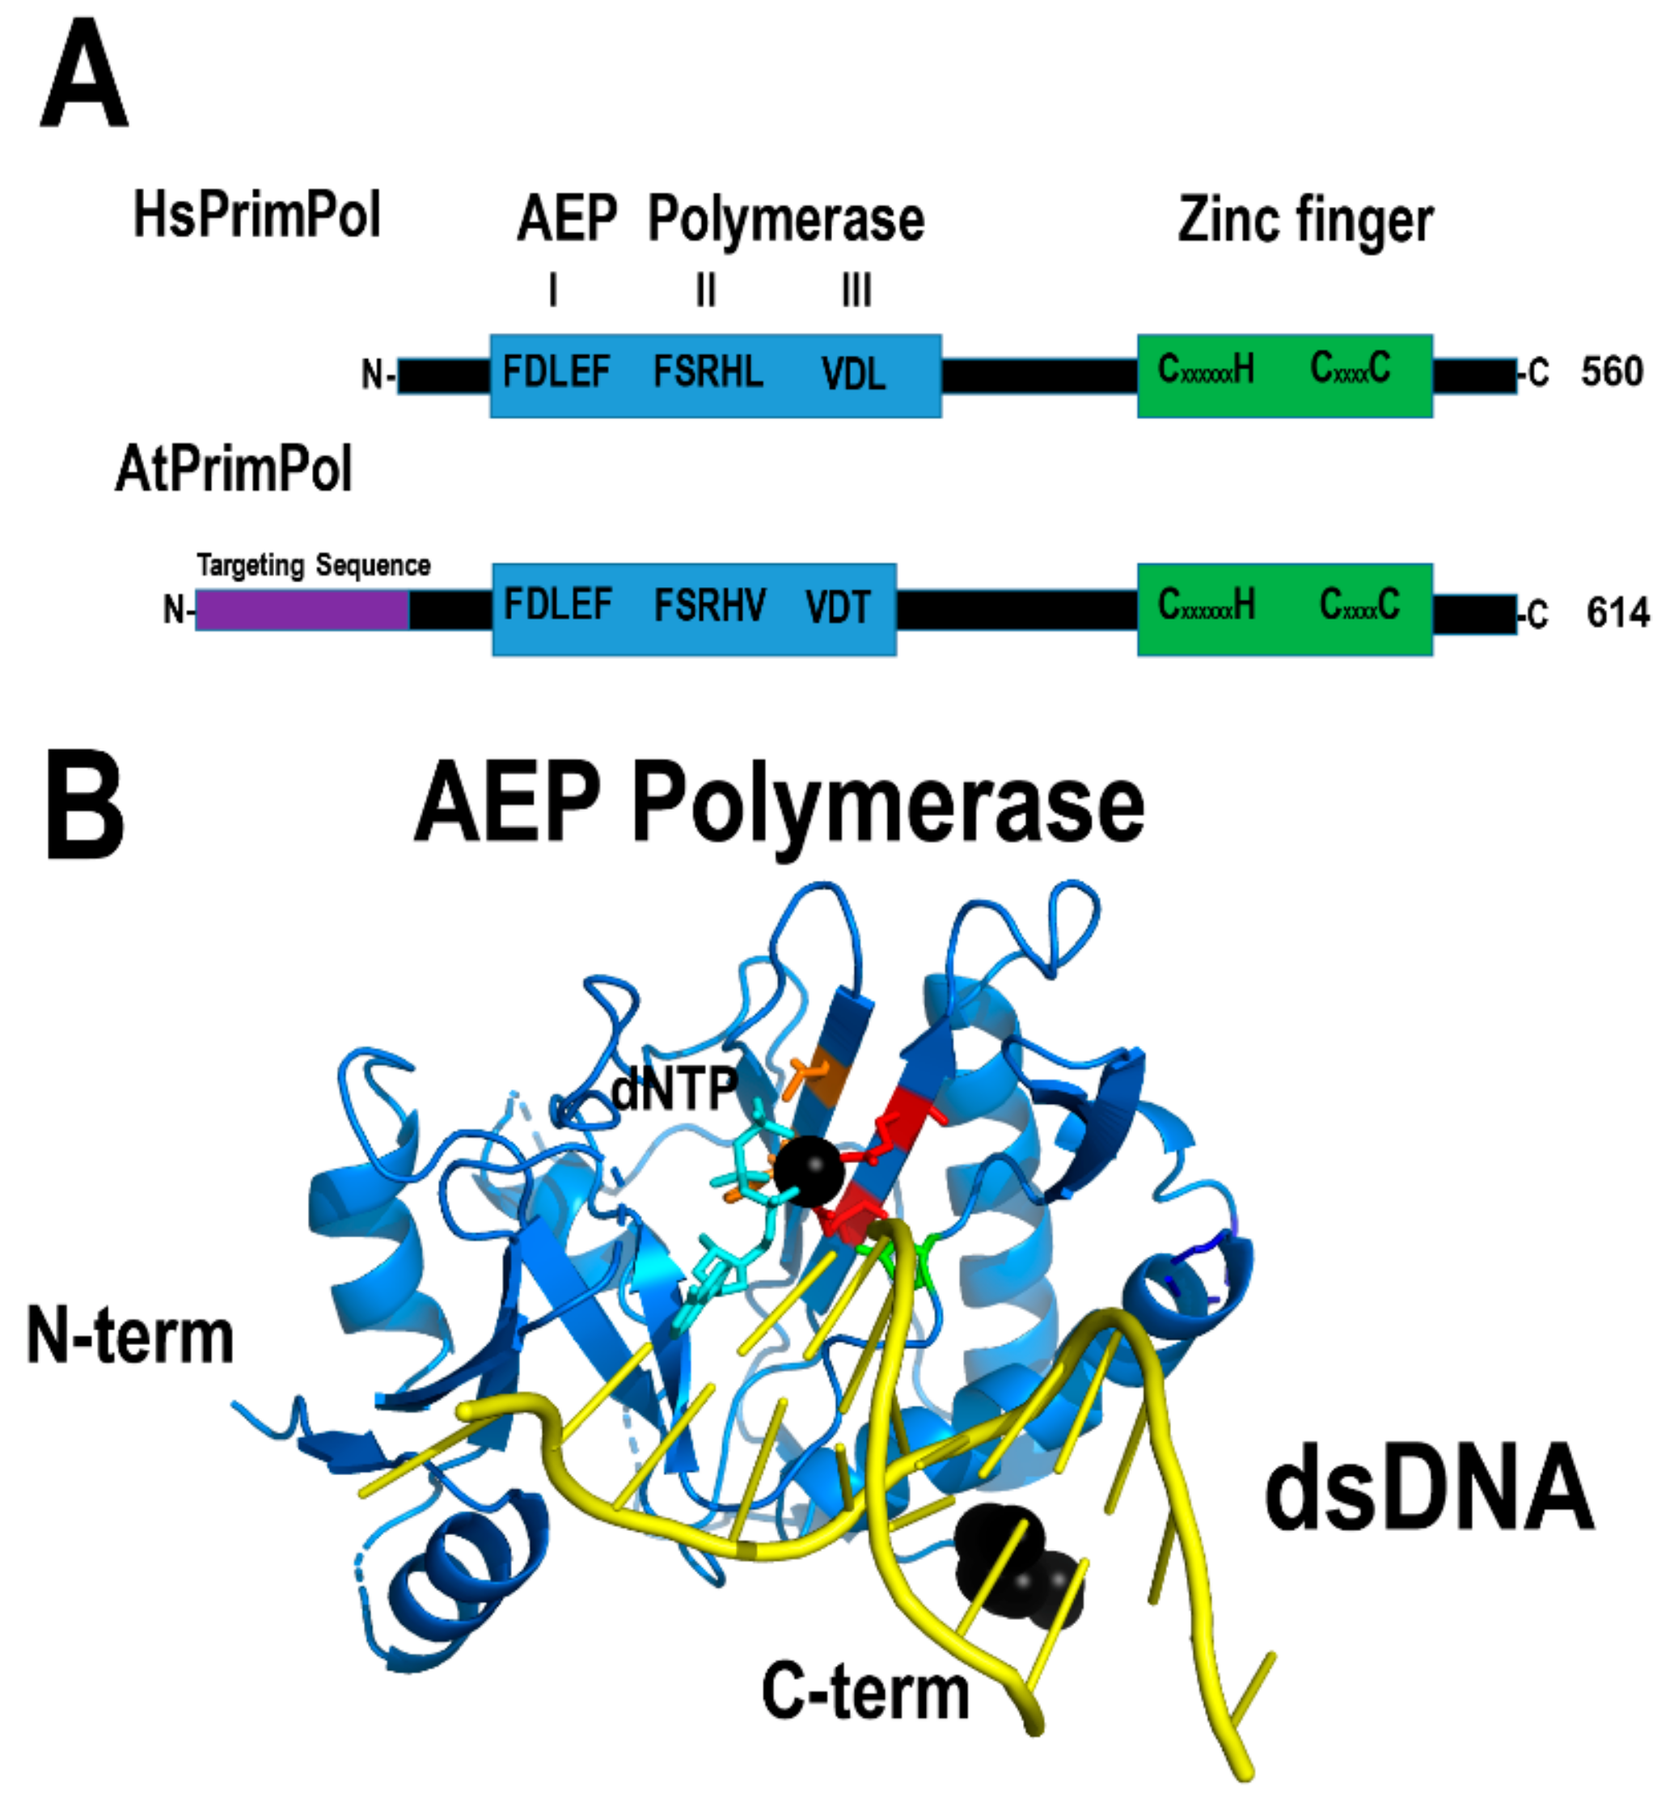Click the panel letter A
click(83, 76)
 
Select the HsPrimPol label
click(256, 216)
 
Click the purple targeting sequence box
click(302, 610)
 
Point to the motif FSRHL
click(708, 371)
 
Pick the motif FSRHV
click(710, 605)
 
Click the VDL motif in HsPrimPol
click(853, 373)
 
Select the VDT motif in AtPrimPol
click(838, 607)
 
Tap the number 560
click(1612, 371)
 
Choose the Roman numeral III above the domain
click(857, 292)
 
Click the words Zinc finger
click(1305, 221)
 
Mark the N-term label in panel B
click(130, 1335)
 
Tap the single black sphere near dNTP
click(809, 1170)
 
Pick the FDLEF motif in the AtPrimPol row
click(558, 605)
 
